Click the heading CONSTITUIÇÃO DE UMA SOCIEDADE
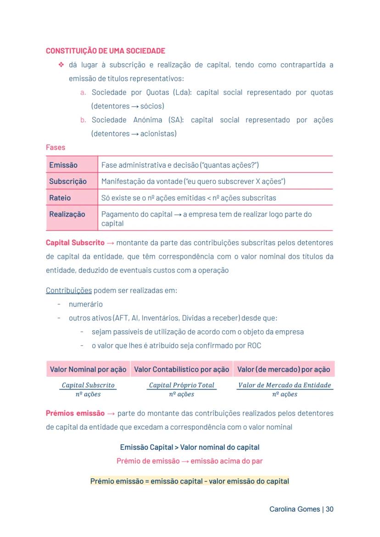tap(106, 51)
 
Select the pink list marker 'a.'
tap(83, 93)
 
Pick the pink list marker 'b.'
tap(83, 120)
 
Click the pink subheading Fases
tap(56, 147)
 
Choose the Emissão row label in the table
tap(63, 165)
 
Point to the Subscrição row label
tap(68, 181)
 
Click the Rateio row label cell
tap(60, 198)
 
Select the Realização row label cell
tap(67, 215)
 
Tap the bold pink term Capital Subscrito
tap(75, 243)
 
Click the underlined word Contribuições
tap(69, 291)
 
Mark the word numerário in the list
tap(86, 304)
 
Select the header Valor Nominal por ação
tap(88, 369)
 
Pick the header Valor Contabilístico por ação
tap(182, 369)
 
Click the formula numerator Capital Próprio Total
tap(182, 385)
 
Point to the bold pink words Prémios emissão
tap(75, 413)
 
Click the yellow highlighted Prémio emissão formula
tap(190, 481)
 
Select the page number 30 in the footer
tap(330, 509)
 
